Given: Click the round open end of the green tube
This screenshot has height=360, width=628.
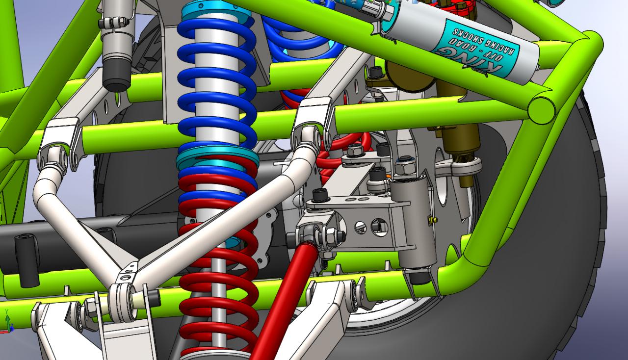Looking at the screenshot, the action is click(541, 110).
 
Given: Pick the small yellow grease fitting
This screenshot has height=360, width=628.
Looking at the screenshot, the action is click(433, 220).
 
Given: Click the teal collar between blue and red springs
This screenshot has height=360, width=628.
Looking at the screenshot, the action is click(217, 156).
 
